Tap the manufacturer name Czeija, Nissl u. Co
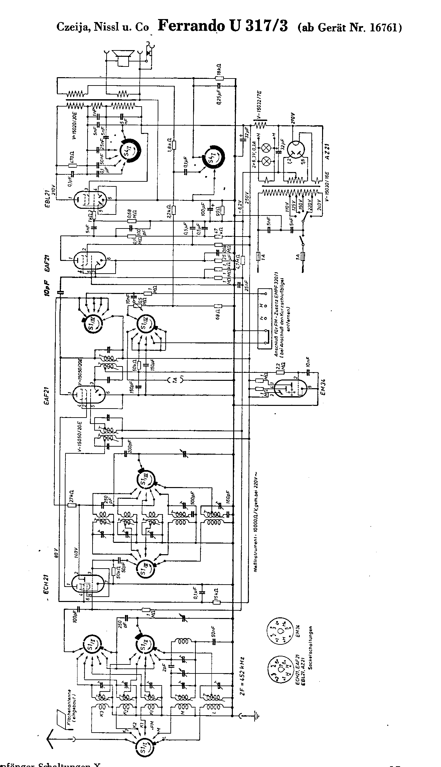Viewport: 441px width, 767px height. click(103, 27)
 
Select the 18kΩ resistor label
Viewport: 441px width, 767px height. click(220, 69)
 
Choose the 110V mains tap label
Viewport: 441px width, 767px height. click(287, 204)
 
